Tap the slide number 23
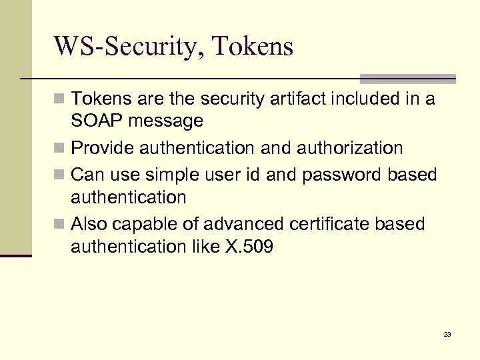(x=447, y=334)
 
